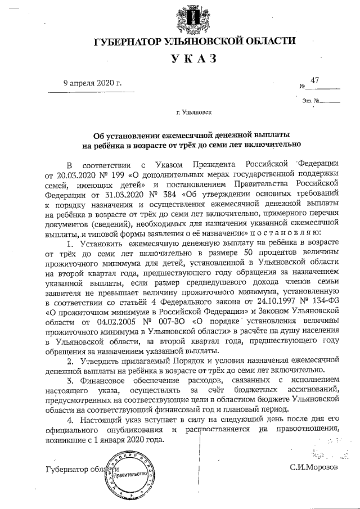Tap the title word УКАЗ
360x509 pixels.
click(193, 59)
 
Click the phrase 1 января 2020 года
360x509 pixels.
click(120, 439)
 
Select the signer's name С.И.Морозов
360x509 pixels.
click(314, 467)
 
